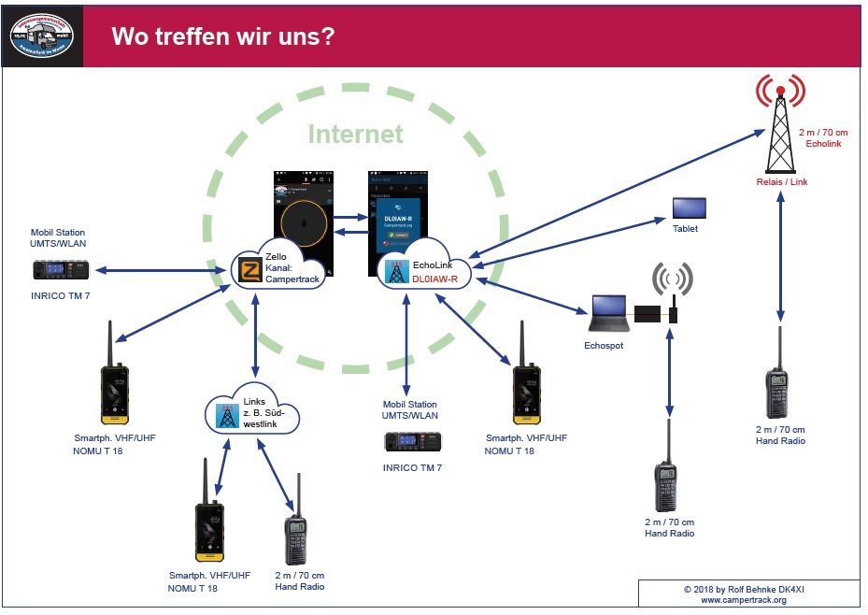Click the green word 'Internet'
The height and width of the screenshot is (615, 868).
click(x=356, y=134)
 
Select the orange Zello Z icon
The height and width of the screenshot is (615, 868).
click(x=249, y=270)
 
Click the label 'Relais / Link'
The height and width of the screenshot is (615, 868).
click(x=781, y=182)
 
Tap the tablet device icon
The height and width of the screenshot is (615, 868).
click(x=690, y=207)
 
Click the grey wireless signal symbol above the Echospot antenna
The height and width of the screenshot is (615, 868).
click(x=672, y=279)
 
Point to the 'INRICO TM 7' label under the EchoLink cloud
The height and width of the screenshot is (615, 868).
click(x=412, y=467)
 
